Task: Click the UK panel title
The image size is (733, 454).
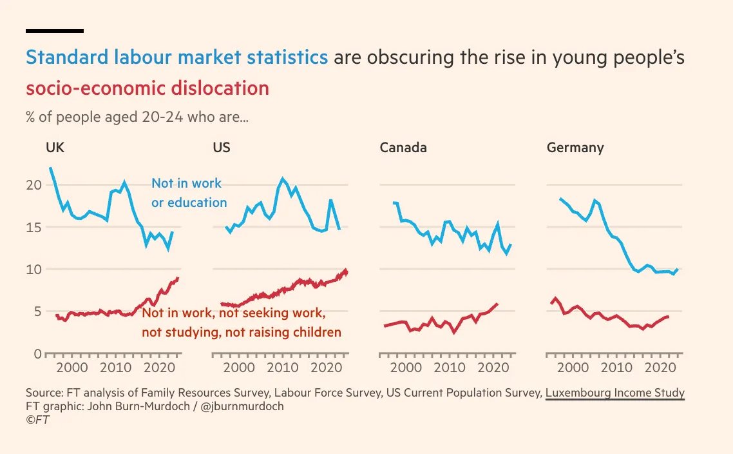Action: point(55,148)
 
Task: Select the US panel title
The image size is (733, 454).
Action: point(222,148)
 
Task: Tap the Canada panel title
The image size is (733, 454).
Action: point(403,148)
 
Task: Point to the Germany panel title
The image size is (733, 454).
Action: point(575,148)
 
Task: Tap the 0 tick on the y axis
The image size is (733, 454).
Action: point(37,354)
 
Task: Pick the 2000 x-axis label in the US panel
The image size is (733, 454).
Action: point(239,368)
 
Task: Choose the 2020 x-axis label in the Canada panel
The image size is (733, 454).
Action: point(492,368)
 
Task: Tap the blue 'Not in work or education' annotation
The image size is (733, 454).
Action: point(189,193)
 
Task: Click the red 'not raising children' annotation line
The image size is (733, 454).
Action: point(242,333)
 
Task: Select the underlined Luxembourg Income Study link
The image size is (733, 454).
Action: point(614,393)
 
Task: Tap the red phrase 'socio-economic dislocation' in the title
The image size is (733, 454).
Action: point(148,88)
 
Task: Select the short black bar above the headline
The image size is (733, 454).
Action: point(55,30)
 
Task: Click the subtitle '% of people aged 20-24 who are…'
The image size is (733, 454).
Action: point(137,118)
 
